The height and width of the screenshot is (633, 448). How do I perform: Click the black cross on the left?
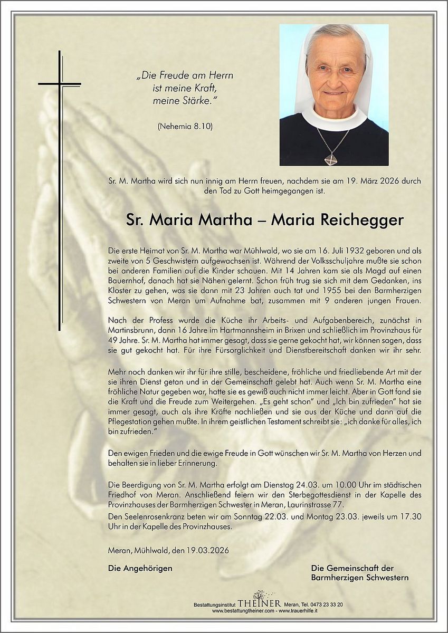click(60, 84)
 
